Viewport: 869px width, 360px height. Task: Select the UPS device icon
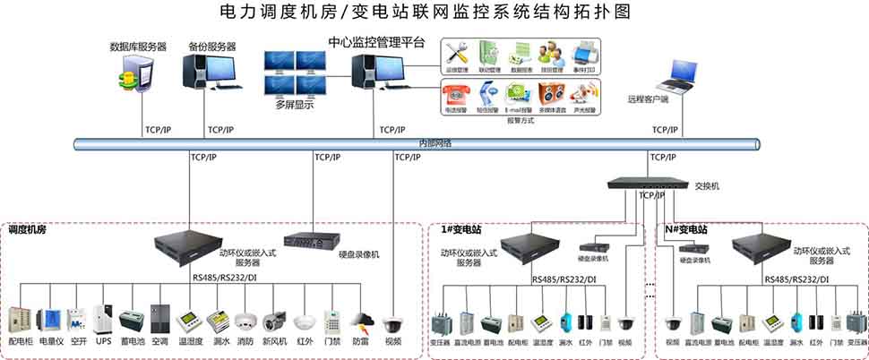click(x=104, y=321)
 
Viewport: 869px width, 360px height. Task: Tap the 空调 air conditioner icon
click(x=159, y=321)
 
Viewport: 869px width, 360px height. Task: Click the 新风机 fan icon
click(x=274, y=322)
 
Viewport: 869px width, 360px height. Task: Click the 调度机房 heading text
click(x=28, y=230)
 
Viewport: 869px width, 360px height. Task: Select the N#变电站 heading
click(x=686, y=230)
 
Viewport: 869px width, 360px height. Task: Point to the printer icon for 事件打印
click(x=581, y=52)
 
